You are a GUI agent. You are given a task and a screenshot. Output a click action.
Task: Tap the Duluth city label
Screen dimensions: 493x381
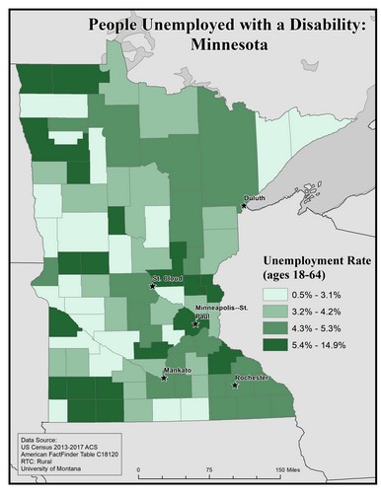tap(256, 198)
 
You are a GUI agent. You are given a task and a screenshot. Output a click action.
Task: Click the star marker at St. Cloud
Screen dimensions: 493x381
tap(153, 285)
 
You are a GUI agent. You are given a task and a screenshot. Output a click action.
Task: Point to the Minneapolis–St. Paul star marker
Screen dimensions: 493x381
tap(195, 322)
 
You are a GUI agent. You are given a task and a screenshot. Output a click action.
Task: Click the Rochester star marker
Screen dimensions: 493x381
tap(235, 386)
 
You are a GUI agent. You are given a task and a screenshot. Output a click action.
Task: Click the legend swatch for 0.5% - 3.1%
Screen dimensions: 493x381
tap(279, 294)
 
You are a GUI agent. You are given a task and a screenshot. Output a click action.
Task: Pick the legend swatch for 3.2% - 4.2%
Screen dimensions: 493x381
tap(279, 311)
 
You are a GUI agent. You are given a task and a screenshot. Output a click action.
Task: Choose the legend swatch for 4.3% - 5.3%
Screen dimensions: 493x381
tap(279, 327)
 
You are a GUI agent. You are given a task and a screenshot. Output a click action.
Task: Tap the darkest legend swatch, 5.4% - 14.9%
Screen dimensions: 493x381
tap(279, 344)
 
